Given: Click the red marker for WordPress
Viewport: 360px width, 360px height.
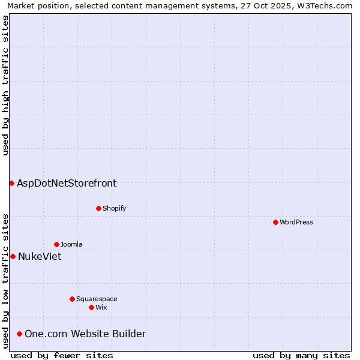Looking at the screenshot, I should click(x=275, y=222).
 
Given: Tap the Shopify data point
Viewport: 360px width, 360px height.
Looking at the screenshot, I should click(x=98, y=208).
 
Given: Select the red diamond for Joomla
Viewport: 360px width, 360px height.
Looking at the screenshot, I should click(x=56, y=244).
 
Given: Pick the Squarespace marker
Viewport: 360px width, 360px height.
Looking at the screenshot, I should click(x=72, y=299).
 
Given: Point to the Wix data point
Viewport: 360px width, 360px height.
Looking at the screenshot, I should click(x=91, y=307).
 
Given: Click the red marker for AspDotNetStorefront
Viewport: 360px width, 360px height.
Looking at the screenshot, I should click(x=11, y=183).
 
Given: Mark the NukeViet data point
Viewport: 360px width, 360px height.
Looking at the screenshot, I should click(x=13, y=256).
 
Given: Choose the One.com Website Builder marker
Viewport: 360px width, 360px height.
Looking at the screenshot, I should click(x=20, y=334).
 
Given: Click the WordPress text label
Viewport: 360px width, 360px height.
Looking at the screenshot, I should click(x=296, y=222).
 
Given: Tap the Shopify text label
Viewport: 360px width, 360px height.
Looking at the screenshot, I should click(x=115, y=208).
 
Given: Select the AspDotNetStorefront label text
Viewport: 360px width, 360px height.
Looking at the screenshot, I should click(x=67, y=183).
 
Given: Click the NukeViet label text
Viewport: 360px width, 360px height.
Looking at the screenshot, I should click(x=40, y=256).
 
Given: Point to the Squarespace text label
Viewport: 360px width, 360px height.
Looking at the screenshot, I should click(x=97, y=299).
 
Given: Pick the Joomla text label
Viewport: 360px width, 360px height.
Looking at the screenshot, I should click(x=71, y=244).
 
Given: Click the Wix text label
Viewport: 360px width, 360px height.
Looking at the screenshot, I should click(x=101, y=307).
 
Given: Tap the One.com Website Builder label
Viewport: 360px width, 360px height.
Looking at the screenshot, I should click(x=85, y=334).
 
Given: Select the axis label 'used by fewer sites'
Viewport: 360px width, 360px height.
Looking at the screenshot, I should click(x=62, y=355).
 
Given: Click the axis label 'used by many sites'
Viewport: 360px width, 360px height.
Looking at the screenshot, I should click(x=301, y=355).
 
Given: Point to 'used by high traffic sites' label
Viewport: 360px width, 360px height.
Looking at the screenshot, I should click(x=5, y=85).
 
